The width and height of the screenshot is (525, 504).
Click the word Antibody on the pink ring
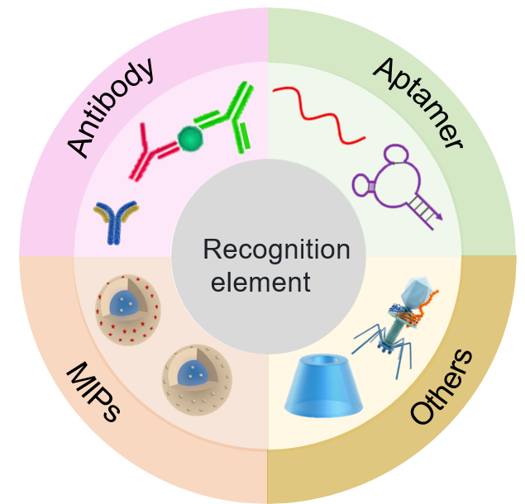click(x=110, y=107)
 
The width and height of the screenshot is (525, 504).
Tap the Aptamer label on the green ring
click(x=418, y=102)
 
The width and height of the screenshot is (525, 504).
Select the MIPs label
click(x=93, y=392)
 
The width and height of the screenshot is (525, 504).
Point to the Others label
click(x=441, y=387)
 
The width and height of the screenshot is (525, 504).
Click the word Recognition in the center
click(x=277, y=250)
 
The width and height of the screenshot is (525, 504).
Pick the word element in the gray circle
click(x=260, y=282)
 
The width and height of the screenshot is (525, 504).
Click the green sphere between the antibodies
click(x=190, y=138)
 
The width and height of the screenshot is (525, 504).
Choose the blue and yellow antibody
click(x=115, y=222)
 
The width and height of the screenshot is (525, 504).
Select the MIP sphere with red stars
click(x=128, y=310)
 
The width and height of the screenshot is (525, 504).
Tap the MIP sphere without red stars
click(x=197, y=380)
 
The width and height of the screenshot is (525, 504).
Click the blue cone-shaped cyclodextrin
click(x=323, y=386)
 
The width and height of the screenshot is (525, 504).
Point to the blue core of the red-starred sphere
click(x=124, y=303)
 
